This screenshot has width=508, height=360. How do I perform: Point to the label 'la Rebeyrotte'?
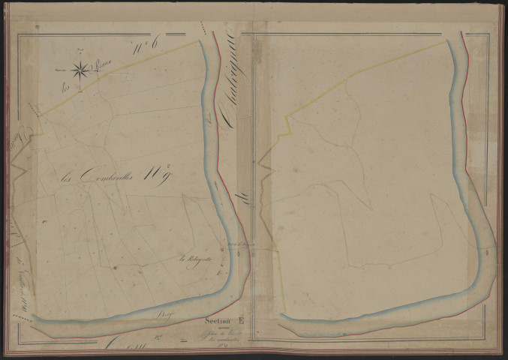[x=194, y=260]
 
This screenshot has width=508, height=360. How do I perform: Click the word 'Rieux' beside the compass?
[x=101, y=67]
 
